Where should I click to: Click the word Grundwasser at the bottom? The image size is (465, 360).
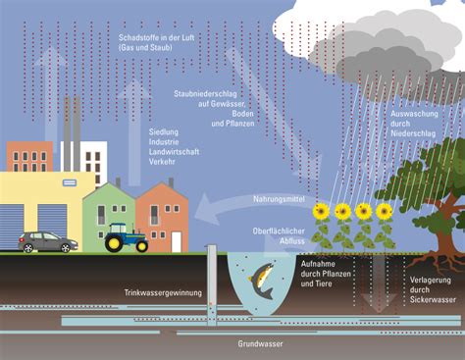[x=260, y=344]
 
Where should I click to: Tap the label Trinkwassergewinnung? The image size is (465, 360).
[x=163, y=293]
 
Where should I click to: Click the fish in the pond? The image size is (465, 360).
[x=262, y=281]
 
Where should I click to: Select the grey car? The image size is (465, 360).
[x=48, y=242]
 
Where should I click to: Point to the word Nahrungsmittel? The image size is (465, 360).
[x=279, y=199]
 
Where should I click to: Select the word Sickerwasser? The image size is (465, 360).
[x=433, y=300]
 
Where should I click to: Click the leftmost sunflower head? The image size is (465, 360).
[x=321, y=211]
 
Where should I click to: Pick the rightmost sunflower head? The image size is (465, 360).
[x=384, y=211]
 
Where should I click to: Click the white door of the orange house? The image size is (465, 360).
[x=176, y=241]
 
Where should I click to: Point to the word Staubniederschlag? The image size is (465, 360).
[x=205, y=94]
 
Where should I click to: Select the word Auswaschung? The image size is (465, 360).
[x=414, y=114]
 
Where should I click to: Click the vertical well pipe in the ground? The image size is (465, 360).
[x=212, y=284]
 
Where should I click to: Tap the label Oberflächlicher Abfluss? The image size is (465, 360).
[x=279, y=236]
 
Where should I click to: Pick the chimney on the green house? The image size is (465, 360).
[x=118, y=182]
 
